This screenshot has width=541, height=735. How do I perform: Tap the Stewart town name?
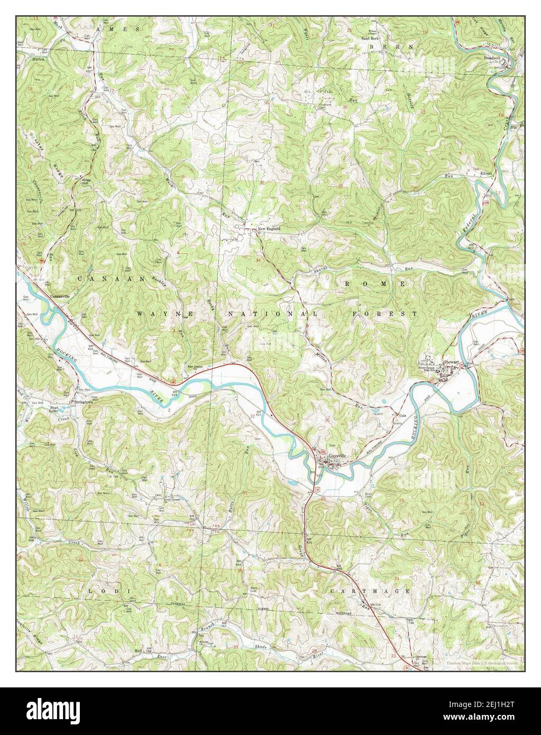point(451,362)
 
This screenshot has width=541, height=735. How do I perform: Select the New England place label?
point(268,229)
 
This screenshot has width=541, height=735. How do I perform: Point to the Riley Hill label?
point(86,181)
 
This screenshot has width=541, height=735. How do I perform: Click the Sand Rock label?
point(371,39)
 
